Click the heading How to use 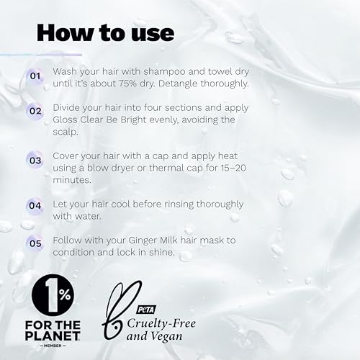(x=104, y=32)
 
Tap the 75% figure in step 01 (x=150, y=84)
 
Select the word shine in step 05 (x=179, y=251)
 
